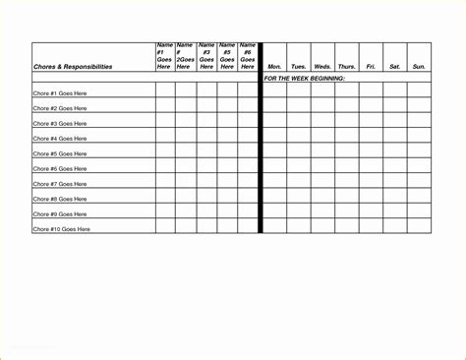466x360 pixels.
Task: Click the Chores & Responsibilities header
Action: (73, 67)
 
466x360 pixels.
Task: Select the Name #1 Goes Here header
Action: (164, 56)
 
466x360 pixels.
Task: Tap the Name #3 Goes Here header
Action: (206, 56)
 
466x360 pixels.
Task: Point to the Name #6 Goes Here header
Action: (248, 56)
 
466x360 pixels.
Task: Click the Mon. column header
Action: (274, 67)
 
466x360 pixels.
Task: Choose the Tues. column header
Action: (298, 67)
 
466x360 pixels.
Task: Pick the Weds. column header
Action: (322, 67)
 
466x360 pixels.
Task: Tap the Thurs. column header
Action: (346, 67)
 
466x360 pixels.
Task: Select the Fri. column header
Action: (371, 67)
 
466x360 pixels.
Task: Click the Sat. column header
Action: (394, 67)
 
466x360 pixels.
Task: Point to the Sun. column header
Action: (419, 67)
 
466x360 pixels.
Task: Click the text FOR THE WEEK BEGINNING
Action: (305, 77)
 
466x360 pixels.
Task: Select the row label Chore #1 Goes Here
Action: (60, 93)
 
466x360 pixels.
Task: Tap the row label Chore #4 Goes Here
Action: (60, 139)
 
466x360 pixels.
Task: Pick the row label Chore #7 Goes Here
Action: (60, 184)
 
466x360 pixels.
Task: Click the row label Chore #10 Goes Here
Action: (62, 229)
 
